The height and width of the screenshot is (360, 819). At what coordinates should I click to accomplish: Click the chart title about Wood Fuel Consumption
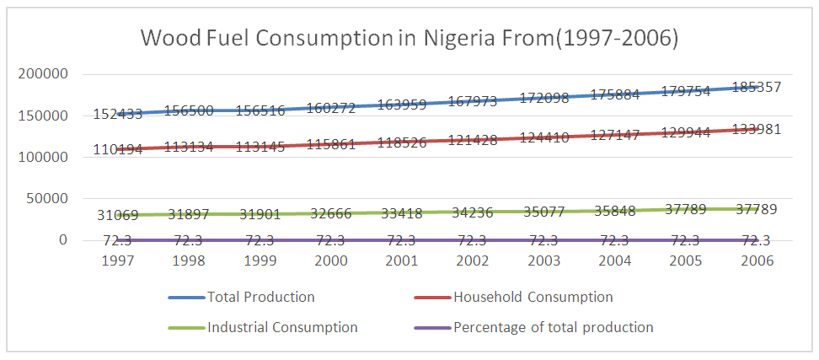[x=409, y=39]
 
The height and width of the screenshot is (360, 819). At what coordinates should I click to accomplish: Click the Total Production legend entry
[x=271, y=297]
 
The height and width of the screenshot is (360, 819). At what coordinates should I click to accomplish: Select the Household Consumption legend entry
[x=533, y=297]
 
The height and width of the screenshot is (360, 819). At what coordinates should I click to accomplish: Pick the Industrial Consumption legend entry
[x=282, y=327]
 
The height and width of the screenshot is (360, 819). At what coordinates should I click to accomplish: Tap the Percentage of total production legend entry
[x=553, y=327]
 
